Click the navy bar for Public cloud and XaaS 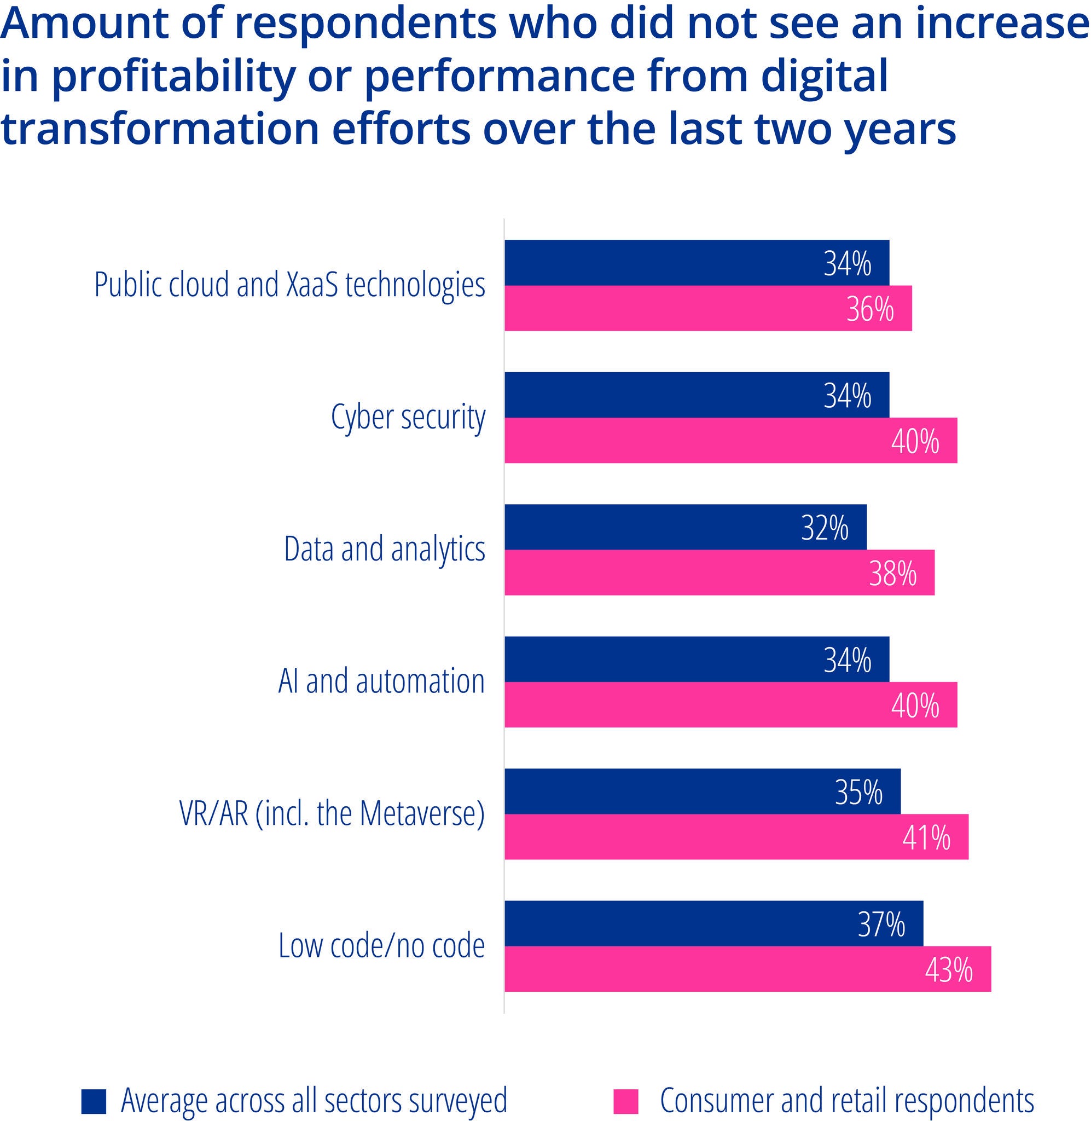coord(696,263)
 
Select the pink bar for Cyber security coord(730,440)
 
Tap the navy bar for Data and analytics coord(684,527)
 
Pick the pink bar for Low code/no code coord(747,968)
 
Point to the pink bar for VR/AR coord(736,837)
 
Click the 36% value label coord(870,309)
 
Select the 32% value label coord(825,528)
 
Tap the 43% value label coord(949,970)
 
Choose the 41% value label coord(926,838)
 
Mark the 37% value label coord(881,924)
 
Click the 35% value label coord(858,792)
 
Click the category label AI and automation coord(381,682)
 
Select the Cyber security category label coord(408,418)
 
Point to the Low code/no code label coord(381,946)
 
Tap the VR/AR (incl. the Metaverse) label coord(332,814)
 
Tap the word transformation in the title coord(160,129)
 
